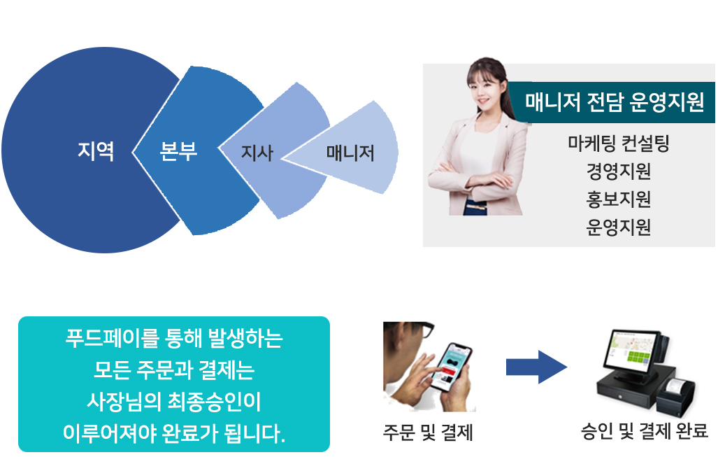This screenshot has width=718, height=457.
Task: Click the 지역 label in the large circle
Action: tap(96, 150)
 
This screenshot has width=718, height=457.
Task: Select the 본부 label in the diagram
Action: tap(178, 150)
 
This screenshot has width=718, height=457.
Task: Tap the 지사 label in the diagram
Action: tap(257, 153)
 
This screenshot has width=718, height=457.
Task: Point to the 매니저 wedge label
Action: tap(350, 153)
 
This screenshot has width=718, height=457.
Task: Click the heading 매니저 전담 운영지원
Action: tap(614, 101)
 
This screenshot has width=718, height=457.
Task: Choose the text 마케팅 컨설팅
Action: tap(619, 143)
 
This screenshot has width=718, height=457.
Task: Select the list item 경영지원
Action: tap(619, 171)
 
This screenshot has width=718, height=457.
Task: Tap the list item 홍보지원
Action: tap(619, 199)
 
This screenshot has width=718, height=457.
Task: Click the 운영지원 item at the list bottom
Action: tap(619, 227)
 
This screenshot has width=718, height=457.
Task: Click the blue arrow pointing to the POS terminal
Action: tap(536, 367)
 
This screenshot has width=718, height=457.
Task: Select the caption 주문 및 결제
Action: tap(428, 433)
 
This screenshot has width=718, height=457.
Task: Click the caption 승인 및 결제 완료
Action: tap(645, 431)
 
